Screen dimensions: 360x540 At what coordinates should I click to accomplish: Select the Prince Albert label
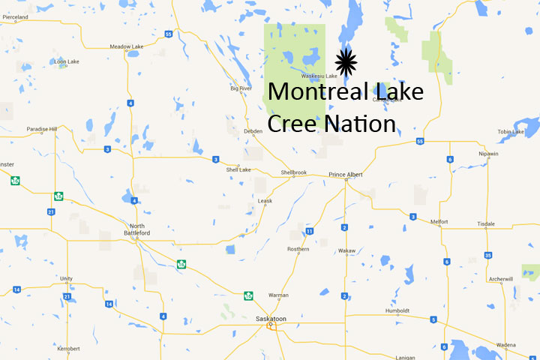tap(346, 175)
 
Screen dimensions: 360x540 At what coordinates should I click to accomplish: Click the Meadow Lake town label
tap(126, 46)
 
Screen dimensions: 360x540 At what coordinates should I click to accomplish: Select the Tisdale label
tap(486, 223)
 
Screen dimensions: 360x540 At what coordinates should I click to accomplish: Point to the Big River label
tap(241, 88)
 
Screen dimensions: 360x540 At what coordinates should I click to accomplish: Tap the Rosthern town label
tap(298, 249)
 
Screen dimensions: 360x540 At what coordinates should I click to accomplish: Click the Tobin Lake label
tap(511, 132)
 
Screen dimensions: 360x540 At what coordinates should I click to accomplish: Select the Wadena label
tap(505, 346)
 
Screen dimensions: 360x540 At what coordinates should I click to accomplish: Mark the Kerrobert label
tap(67, 349)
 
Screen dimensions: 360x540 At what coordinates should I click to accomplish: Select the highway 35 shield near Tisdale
tap(487, 256)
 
